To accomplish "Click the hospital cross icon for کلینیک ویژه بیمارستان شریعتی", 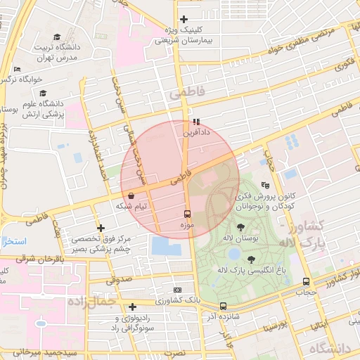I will coord(184,19).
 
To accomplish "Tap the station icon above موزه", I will coord(188,213).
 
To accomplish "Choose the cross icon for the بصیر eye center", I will coord(101,229).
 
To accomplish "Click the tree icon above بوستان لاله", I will coord(241,226).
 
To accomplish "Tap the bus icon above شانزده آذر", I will coord(223,306).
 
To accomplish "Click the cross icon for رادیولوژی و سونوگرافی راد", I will coord(132,307).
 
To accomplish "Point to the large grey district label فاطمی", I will coord(185,92).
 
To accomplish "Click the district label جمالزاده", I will coord(92,302).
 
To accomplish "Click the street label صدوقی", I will coord(120,279).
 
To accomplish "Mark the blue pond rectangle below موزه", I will coord(166,245).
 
